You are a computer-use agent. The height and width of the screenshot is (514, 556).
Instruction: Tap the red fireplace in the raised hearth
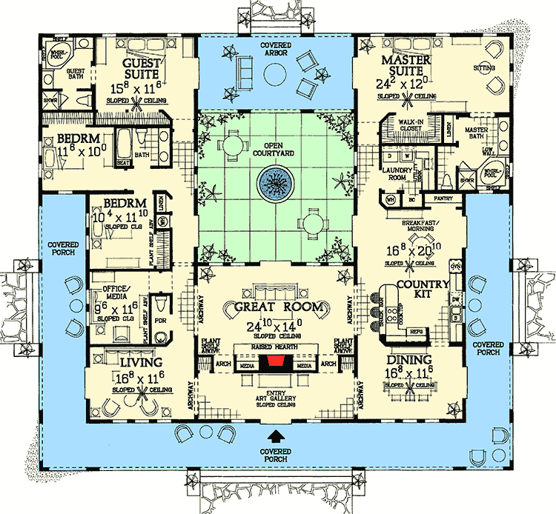[276, 361]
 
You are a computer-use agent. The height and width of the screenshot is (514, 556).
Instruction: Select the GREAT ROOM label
[278, 307]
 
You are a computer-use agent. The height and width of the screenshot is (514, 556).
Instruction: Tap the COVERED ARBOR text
[275, 50]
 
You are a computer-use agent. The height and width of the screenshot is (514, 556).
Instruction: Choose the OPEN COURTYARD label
[275, 149]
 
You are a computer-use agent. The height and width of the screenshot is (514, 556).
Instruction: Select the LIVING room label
[140, 363]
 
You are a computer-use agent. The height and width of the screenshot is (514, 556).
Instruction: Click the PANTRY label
[443, 198]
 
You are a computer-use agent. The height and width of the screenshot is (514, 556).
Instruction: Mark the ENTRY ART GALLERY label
[276, 399]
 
